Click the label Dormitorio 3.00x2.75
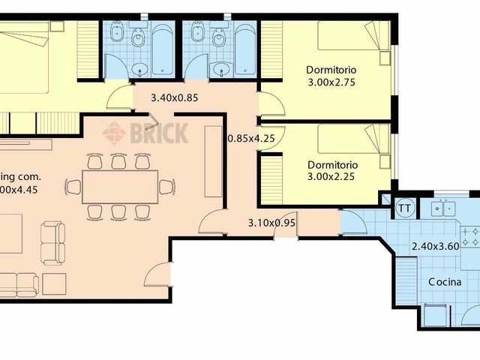331,76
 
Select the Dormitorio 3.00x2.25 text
331,170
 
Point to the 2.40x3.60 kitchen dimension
435,246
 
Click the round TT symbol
404,206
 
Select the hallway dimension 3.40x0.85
175,97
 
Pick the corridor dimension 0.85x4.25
250,137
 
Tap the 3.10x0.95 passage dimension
271,223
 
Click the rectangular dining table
119,187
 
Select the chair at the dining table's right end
166,186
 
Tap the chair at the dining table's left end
73,186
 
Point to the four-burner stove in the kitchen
470,238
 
